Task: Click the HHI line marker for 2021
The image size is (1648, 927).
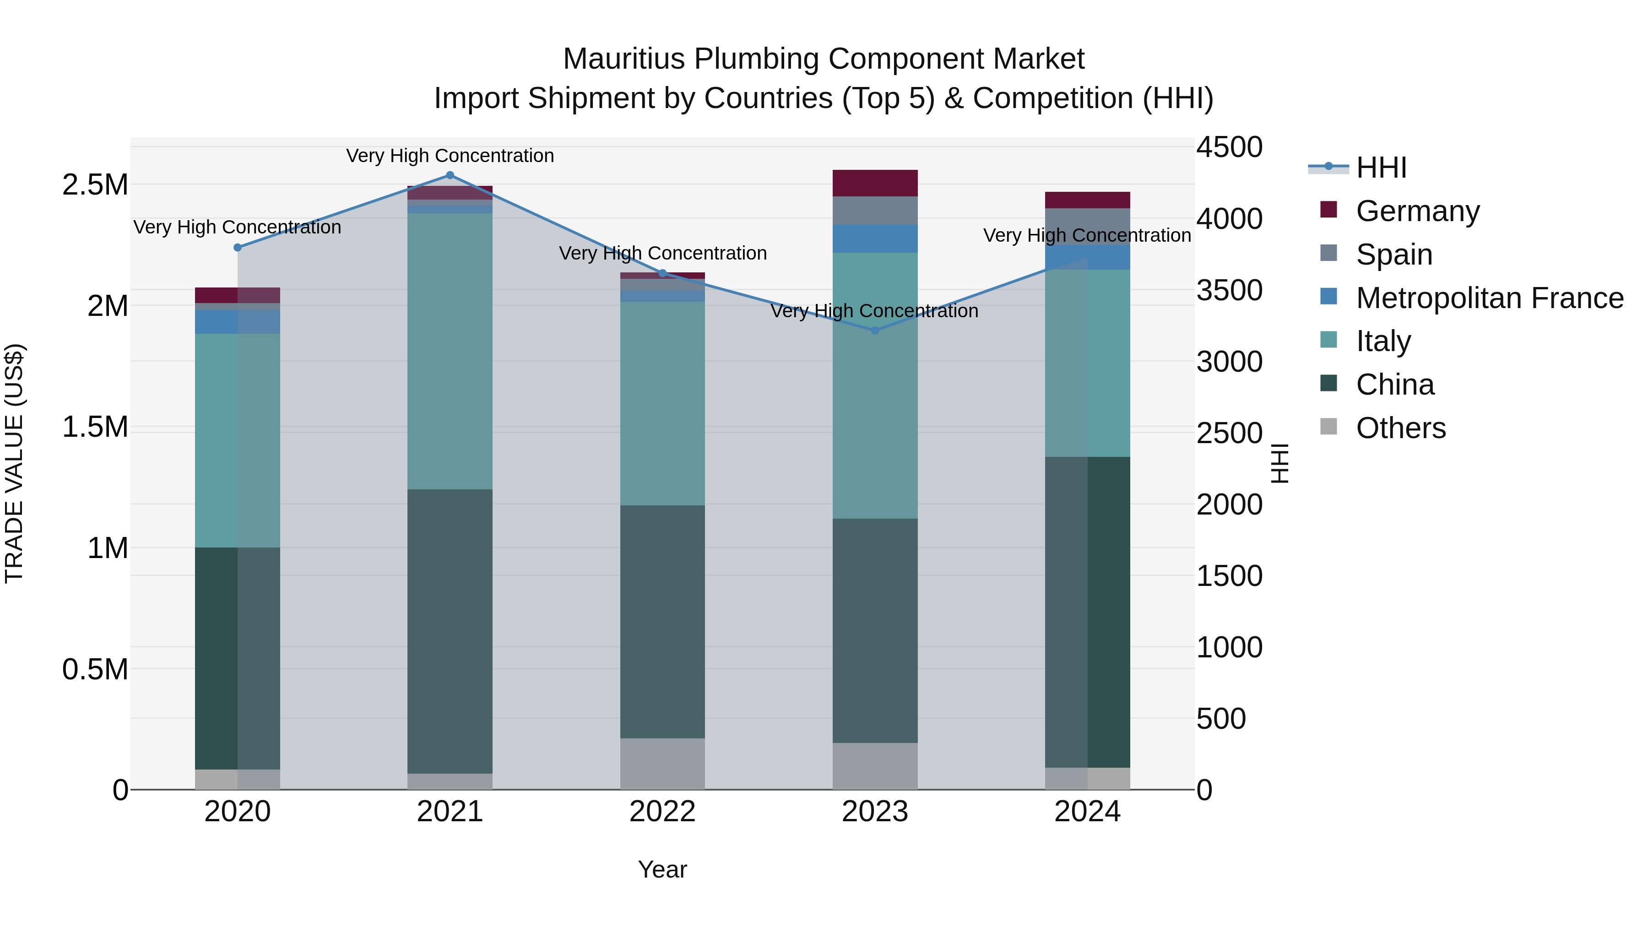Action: [450, 175]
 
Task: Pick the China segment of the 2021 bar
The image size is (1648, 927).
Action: [450, 631]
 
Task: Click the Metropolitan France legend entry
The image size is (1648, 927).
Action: [1489, 298]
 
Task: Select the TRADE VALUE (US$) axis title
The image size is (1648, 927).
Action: [14, 463]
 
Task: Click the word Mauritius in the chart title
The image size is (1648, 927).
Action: [625, 59]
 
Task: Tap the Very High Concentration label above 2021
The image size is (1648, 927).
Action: [450, 156]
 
